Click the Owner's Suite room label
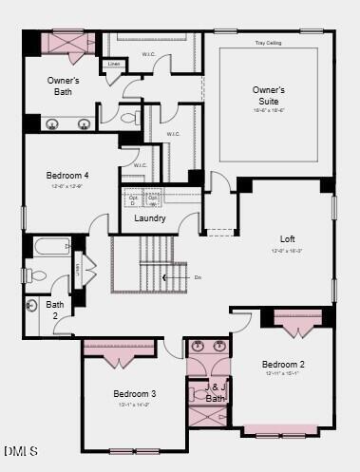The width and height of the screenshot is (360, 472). pyautogui.click(x=269, y=95)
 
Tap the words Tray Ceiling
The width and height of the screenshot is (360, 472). pyautogui.click(x=269, y=43)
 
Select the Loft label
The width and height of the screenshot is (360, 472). pyautogui.click(x=288, y=239)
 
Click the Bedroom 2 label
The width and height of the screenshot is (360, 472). pyautogui.click(x=283, y=364)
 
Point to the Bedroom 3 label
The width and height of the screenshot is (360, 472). pyautogui.click(x=135, y=393)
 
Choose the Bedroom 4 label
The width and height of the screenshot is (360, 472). pyautogui.click(x=67, y=176)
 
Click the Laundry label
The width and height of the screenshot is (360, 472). pyautogui.click(x=150, y=218)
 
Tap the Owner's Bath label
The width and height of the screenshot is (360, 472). pyautogui.click(x=64, y=86)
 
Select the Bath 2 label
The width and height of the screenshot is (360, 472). pyautogui.click(x=55, y=310)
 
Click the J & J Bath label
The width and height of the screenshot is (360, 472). pyautogui.click(x=217, y=392)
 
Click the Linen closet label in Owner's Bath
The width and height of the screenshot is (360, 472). pyautogui.click(x=114, y=65)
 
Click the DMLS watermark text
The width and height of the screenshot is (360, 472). pyautogui.click(x=21, y=450)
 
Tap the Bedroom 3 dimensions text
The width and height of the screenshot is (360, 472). pyautogui.click(x=135, y=406)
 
